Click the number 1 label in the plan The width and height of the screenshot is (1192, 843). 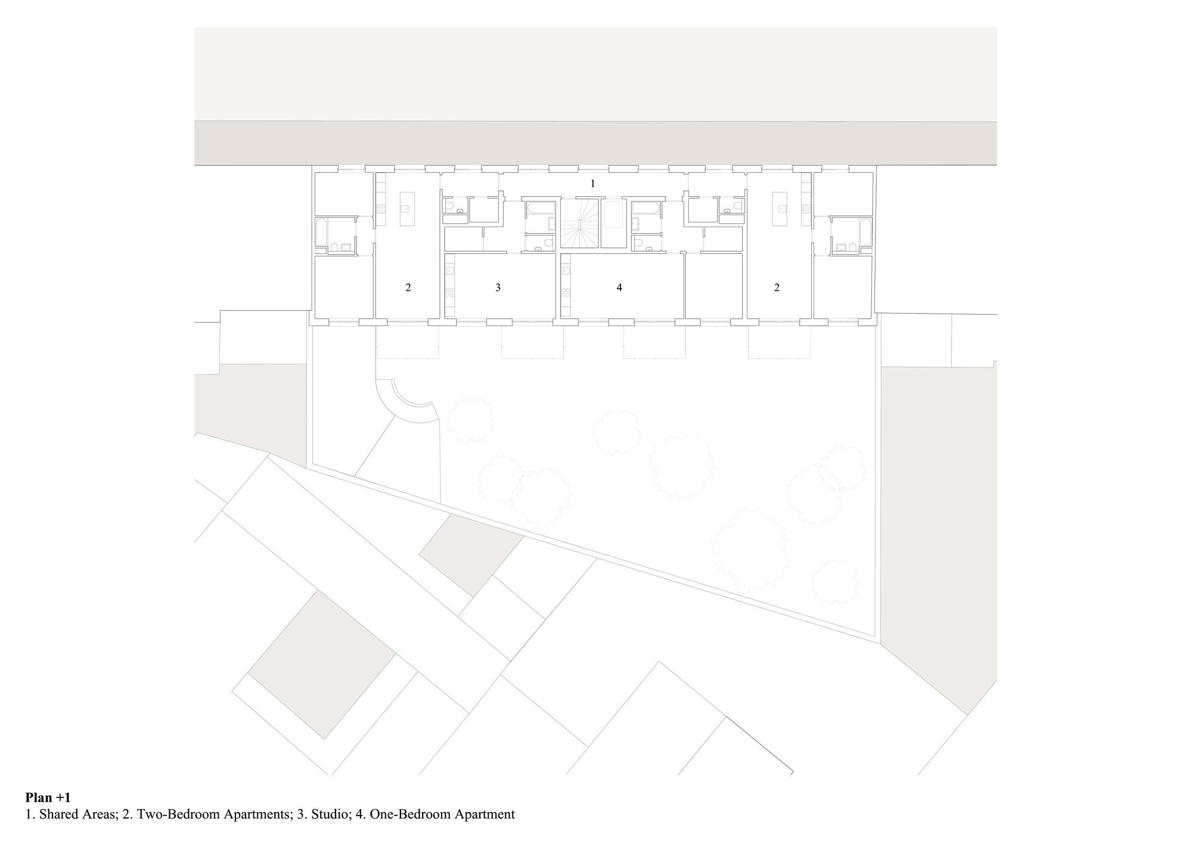point(592,184)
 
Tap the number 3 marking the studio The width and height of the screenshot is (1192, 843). point(498,287)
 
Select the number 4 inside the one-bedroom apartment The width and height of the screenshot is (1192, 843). point(619,287)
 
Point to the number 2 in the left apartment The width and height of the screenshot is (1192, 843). point(408,287)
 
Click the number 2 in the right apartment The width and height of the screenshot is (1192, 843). point(777,287)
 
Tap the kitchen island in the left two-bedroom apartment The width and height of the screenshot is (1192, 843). point(406,209)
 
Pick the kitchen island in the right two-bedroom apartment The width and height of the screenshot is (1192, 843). point(780,209)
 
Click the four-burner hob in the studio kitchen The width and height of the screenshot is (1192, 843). point(449,293)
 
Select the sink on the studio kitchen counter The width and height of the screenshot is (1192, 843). point(449,271)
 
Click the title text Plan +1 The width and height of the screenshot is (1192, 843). point(48,797)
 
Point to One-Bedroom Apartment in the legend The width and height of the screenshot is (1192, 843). point(442,814)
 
